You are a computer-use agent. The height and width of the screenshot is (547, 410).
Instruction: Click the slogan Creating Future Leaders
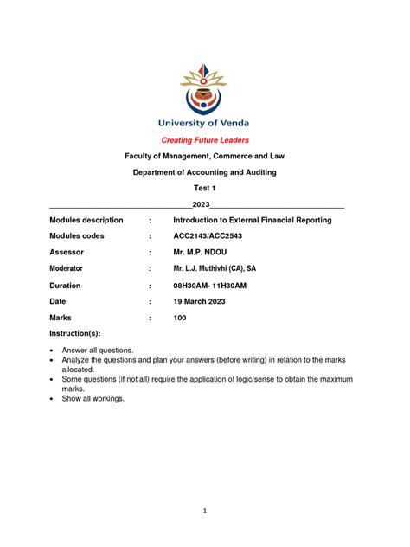(205, 140)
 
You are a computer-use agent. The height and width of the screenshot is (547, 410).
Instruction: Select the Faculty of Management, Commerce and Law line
(205, 156)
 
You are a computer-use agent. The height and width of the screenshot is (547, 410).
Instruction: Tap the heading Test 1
(205, 189)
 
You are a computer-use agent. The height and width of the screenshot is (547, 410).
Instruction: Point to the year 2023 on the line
(202, 204)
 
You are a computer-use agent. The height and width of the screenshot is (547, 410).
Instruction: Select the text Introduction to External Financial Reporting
(252, 221)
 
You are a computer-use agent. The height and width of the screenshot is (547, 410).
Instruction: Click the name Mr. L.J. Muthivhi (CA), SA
(215, 269)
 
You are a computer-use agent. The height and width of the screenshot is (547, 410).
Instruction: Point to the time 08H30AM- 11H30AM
(210, 285)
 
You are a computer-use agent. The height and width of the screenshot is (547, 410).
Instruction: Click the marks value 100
(180, 318)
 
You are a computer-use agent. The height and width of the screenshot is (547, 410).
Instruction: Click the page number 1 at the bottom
(205, 511)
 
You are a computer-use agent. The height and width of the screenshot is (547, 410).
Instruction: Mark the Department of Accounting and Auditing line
(205, 172)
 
